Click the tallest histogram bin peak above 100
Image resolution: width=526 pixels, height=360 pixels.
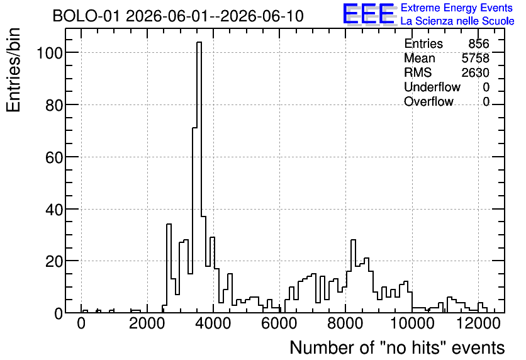tap(199, 42)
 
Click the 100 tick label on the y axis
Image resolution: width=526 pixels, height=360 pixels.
tap(50, 53)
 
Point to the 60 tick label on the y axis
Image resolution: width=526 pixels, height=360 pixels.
tap(54, 157)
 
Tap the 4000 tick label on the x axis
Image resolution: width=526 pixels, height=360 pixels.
tap(213, 323)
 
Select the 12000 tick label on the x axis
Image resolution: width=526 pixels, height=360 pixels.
tap(478, 323)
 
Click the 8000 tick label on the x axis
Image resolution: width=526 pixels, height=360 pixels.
tap(345, 323)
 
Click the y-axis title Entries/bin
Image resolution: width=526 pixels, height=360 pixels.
tap(14, 70)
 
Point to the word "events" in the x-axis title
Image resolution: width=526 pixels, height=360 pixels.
tap(478, 347)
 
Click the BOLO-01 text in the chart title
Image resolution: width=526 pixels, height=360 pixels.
tap(86, 16)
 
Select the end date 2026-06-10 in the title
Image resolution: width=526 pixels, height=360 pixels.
tap(262, 16)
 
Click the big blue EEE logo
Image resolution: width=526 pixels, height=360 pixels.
tap(369, 14)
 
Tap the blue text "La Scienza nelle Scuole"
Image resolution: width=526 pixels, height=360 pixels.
tap(457, 21)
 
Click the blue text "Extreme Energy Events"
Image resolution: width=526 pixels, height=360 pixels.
tap(457, 8)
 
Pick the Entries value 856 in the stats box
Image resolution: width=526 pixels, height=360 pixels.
tap(479, 43)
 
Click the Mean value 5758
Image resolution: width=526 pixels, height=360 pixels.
tap(475, 58)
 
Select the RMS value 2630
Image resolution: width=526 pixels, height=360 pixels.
tap(475, 72)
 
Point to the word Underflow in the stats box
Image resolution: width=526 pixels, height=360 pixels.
tap(432, 87)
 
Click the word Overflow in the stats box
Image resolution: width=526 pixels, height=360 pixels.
tap(428, 101)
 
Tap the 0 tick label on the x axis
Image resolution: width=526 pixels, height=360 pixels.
tap(81, 323)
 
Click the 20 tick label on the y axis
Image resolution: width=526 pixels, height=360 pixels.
tap(54, 261)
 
